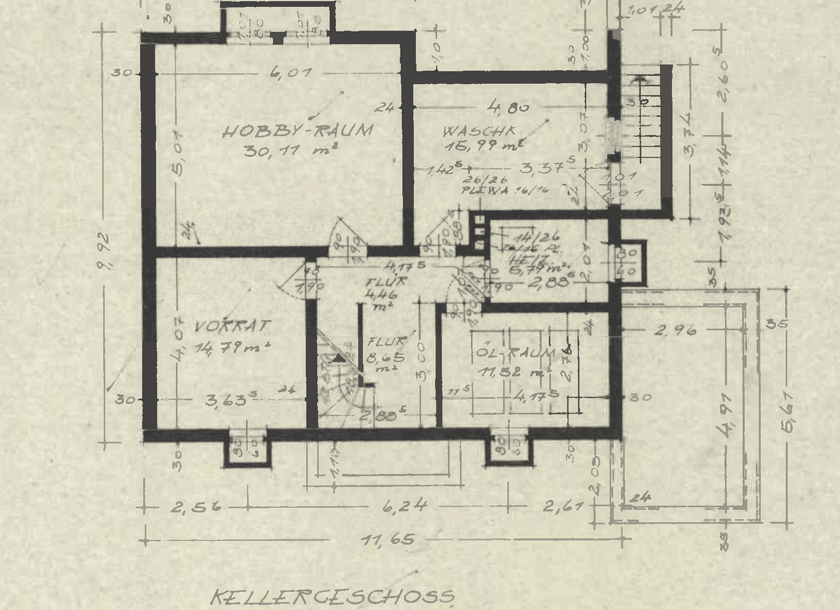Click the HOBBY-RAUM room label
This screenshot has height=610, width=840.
(x=297, y=131)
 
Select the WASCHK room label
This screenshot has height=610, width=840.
(x=479, y=132)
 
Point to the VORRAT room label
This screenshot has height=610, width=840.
(x=232, y=326)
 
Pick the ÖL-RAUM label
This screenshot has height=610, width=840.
(x=516, y=354)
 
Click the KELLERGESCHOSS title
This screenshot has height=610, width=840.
(x=332, y=596)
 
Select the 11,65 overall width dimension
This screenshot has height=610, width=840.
(x=388, y=541)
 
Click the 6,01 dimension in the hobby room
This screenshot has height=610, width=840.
(x=292, y=73)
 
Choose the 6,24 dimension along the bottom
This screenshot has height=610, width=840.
(x=405, y=506)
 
